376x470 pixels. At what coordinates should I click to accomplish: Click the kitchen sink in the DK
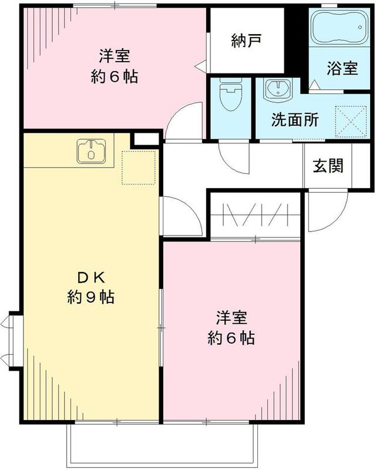click(91, 151)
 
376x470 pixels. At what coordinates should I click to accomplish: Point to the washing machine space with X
click(350, 120)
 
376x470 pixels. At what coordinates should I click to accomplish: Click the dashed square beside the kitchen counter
click(138, 167)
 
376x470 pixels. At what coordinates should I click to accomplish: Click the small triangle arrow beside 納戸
click(201, 64)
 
